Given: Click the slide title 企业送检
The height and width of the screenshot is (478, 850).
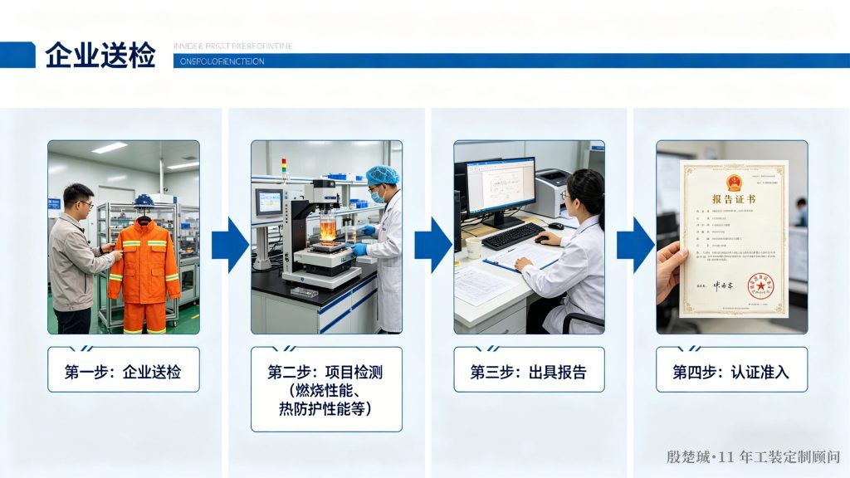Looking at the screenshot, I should click(x=100, y=56).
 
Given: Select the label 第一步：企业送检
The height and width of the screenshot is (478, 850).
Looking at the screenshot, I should click(x=123, y=372).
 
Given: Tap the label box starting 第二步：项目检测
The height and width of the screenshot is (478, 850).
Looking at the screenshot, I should click(x=326, y=389).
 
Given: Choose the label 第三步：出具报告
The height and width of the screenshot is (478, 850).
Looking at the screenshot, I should click(x=529, y=372).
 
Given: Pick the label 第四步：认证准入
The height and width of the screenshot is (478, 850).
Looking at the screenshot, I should click(x=731, y=372).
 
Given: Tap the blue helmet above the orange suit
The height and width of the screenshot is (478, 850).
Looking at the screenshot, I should click(x=144, y=202).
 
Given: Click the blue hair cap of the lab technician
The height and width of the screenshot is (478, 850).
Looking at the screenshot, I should click(x=382, y=175).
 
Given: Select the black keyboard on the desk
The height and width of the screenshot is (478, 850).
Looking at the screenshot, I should click(x=512, y=236).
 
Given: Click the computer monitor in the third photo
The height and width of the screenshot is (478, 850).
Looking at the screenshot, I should click(x=500, y=187).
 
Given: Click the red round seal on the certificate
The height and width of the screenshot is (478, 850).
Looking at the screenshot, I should click(x=759, y=286).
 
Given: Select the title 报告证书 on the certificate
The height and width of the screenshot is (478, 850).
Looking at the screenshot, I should click(x=734, y=200).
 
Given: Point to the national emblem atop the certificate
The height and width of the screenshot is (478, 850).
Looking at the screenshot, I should click(x=734, y=180).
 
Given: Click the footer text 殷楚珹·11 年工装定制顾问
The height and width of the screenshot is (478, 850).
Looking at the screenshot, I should click(x=753, y=457).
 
